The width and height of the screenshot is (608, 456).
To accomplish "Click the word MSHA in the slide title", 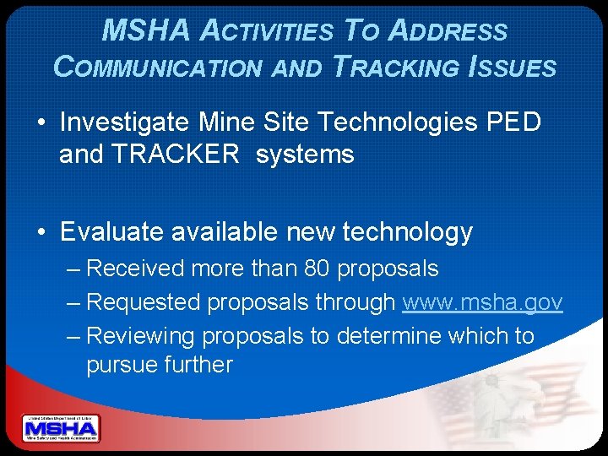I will (x=145, y=31).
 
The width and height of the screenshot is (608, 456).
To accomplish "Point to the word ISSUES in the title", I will (x=513, y=67).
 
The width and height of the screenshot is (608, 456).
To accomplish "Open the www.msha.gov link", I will (x=482, y=301).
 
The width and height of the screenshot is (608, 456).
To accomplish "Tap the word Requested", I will (x=144, y=301).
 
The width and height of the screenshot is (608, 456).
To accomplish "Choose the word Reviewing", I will (x=141, y=335).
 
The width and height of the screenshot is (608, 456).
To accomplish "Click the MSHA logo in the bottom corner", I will (x=60, y=428).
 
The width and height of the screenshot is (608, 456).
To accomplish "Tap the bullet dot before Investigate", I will (x=41, y=123).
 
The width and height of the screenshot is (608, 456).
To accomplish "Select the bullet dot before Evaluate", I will (x=41, y=231).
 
